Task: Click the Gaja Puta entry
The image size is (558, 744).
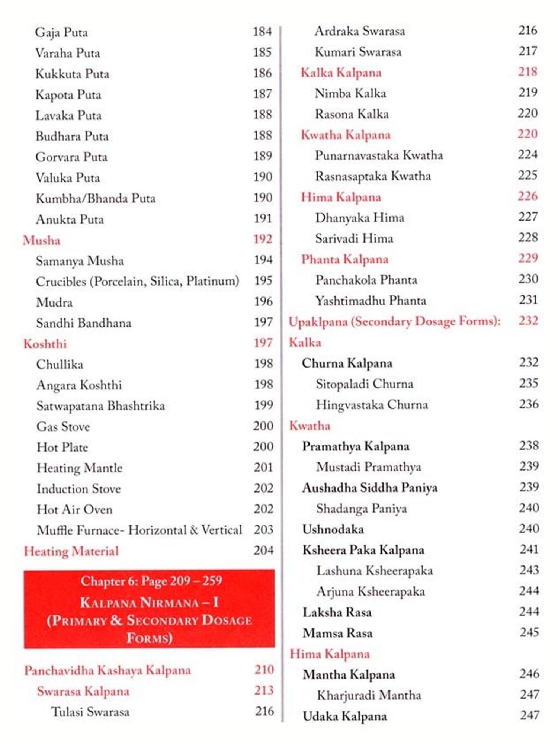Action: coord(61,32)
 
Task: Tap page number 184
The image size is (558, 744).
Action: coord(262,32)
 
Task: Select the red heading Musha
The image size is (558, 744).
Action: coord(41,240)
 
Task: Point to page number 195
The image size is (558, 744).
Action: coord(263,280)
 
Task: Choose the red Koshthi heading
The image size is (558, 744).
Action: coord(45,343)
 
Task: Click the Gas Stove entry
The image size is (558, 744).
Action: coord(63,426)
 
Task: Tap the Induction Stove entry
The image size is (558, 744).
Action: coord(78,488)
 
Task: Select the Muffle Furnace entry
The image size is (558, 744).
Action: coord(139,530)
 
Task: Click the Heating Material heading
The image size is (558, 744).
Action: coord(71,551)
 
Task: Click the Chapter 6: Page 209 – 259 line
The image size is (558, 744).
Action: coord(151,580)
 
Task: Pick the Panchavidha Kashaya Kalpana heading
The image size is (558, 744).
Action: coord(108,670)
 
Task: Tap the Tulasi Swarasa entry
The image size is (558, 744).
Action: coord(90,712)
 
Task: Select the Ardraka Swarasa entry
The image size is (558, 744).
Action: coord(360,31)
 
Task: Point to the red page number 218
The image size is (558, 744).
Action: coord(527,71)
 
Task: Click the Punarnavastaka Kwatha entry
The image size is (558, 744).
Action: coord(379,155)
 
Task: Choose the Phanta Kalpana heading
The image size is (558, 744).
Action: coord(344,259)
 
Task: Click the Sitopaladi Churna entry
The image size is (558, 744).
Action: coord(365,384)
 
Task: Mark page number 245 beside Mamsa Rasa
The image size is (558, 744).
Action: coord(529,632)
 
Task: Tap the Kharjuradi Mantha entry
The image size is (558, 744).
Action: coord(369,695)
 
